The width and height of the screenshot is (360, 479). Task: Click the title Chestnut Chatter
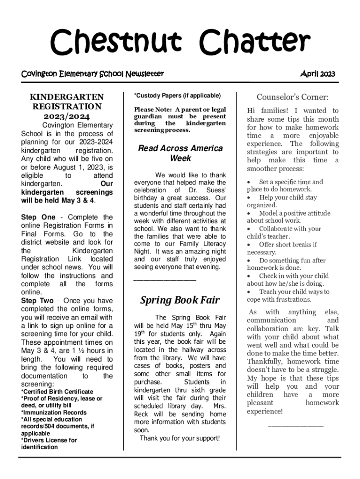coord(180,42)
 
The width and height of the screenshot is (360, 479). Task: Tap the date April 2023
coord(317,74)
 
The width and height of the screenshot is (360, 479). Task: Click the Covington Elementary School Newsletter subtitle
coord(93,74)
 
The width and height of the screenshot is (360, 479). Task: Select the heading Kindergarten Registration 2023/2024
coord(67,107)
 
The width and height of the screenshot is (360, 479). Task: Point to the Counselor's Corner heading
coord(293,97)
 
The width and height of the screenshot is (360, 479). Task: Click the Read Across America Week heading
coord(180,153)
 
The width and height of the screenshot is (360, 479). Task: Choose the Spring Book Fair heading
coord(180,300)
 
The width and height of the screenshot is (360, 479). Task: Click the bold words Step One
coord(38,217)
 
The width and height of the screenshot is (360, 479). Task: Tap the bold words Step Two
coord(37,301)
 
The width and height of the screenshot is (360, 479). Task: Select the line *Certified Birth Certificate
coord(57,392)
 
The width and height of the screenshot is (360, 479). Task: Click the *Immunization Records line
coord(54,413)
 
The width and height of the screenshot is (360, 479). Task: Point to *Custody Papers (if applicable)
coord(177,95)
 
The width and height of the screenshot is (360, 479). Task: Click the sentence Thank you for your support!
coord(180,438)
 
